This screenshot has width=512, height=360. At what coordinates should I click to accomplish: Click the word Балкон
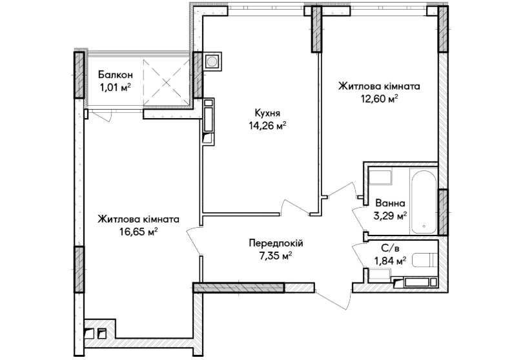click(116, 75)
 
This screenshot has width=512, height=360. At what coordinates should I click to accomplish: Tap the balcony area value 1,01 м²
click(116, 88)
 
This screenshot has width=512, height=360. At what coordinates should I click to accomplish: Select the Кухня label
click(267, 114)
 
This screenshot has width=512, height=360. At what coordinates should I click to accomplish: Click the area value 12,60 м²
click(379, 99)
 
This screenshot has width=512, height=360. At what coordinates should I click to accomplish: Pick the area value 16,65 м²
click(139, 232)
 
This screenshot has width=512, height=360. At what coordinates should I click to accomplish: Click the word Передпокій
click(276, 243)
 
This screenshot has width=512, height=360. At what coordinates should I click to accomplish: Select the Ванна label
click(390, 203)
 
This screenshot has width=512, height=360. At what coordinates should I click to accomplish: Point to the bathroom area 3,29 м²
click(390, 215)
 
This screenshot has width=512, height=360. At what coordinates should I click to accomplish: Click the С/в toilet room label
click(390, 248)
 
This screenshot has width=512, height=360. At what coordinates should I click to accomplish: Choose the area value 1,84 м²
click(390, 261)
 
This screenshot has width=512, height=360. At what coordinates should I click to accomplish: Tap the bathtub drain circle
click(424, 226)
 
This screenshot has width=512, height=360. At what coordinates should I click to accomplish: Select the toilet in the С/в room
click(424, 260)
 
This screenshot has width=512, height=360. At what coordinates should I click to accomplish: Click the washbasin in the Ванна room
click(380, 177)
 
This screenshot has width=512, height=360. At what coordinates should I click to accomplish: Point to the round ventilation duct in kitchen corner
click(212, 61)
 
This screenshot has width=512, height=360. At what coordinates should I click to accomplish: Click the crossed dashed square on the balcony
click(167, 82)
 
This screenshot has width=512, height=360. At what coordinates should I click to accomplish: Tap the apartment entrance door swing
click(333, 298)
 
